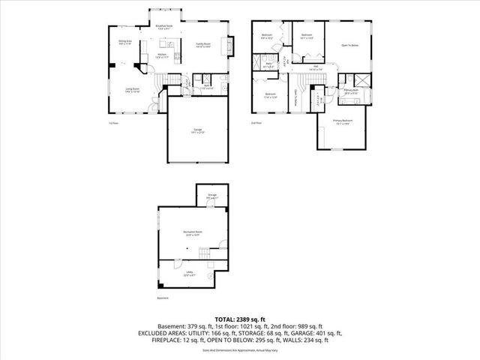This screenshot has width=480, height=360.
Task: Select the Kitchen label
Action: point(162,55)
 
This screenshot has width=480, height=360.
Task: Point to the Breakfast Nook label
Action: point(164,27)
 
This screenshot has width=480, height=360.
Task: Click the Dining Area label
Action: point(124,43)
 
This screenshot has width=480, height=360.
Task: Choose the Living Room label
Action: point(133,90)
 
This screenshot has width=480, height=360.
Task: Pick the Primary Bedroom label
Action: point(343,121)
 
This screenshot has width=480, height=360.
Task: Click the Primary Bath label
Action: point(351,91)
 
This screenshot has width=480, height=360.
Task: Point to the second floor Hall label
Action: point(316,67)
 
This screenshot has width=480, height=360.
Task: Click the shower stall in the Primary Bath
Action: point(361,79)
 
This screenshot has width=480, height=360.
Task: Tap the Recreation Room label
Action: point(193,233)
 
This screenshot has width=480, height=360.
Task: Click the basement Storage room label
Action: point(212,197)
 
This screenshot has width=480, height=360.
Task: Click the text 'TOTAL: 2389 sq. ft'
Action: point(240,319)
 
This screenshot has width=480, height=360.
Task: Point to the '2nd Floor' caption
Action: point(256,122)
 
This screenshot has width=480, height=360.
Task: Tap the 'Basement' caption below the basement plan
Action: point(163,298)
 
